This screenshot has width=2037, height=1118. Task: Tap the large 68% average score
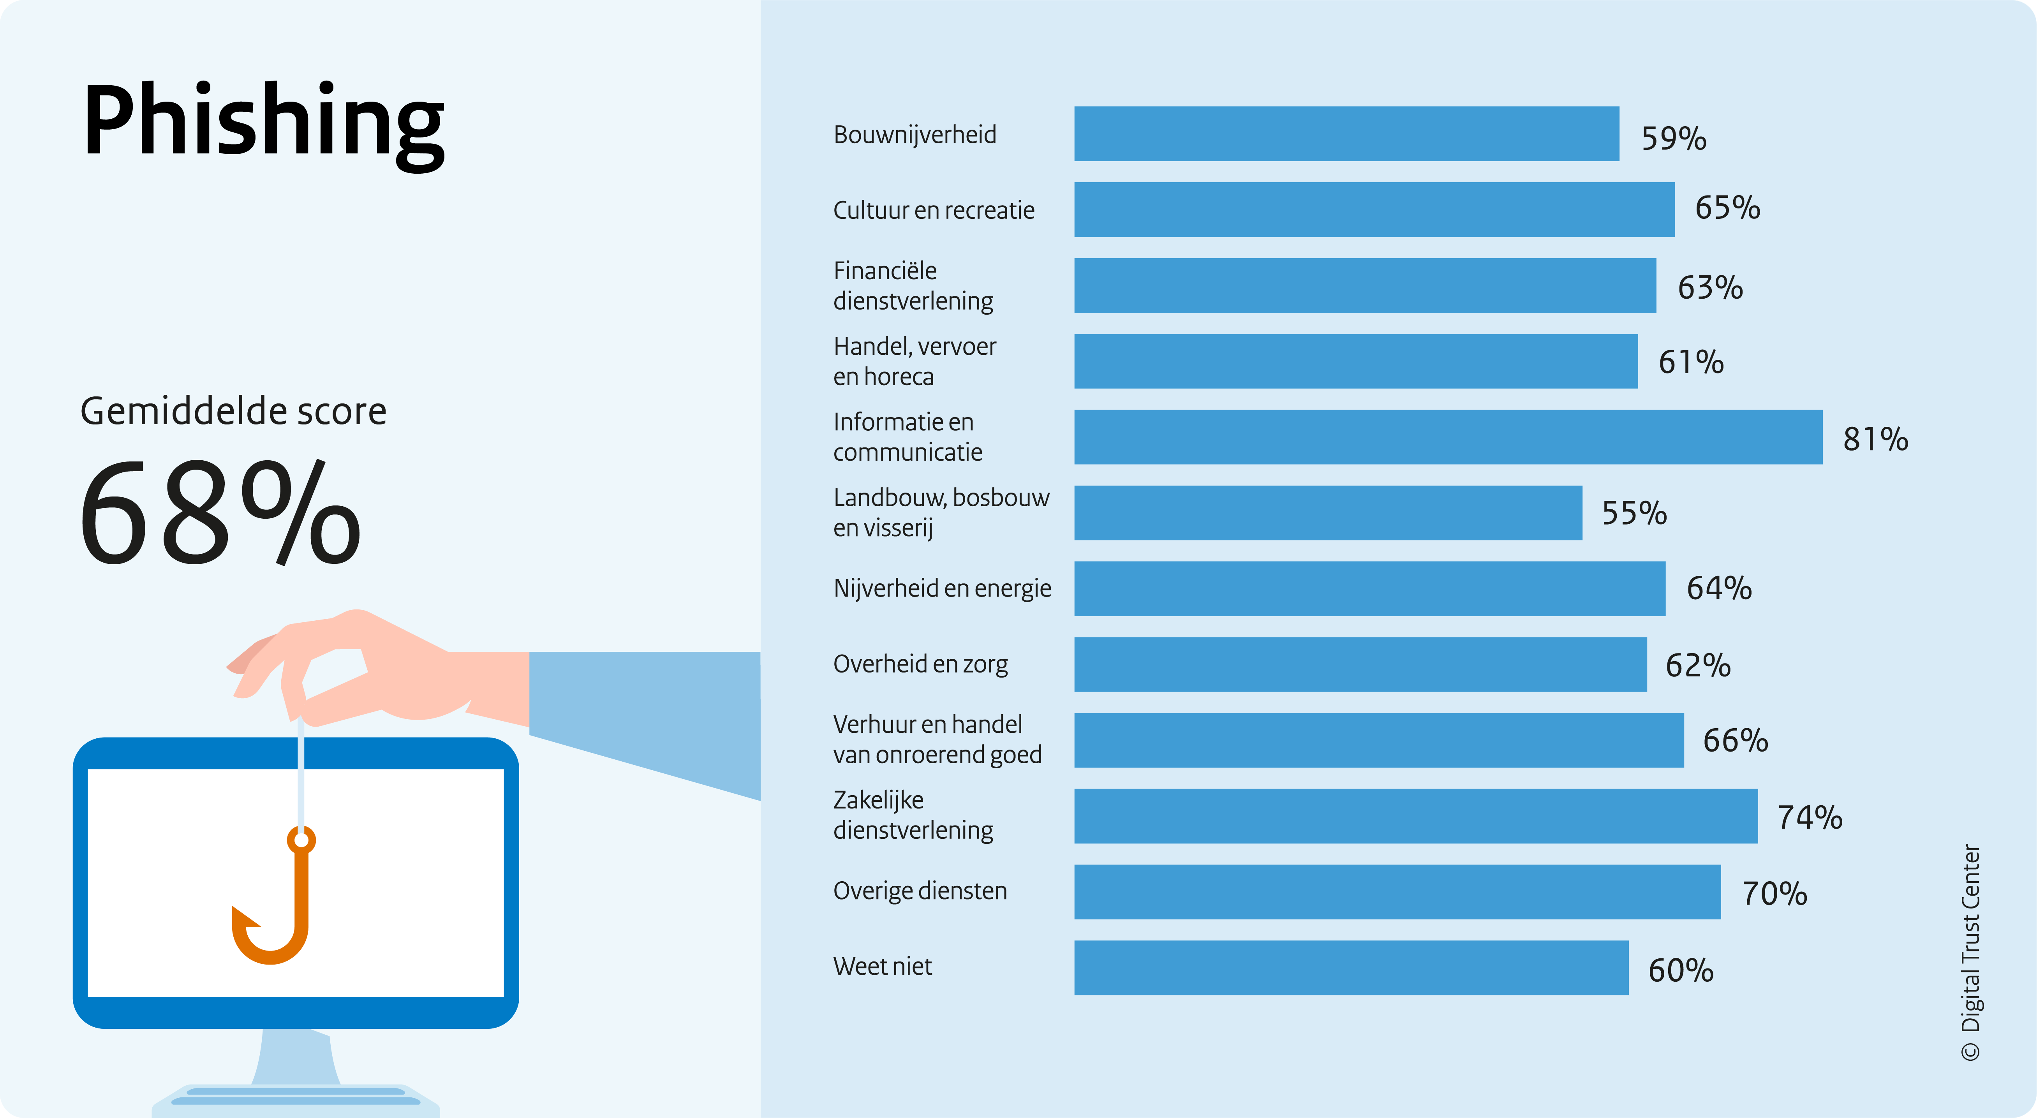point(220,512)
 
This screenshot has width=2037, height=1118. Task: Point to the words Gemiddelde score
point(233,411)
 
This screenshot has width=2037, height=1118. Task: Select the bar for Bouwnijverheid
point(1347,134)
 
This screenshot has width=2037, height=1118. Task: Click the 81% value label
point(1876,439)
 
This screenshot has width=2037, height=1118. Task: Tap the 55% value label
point(1635,513)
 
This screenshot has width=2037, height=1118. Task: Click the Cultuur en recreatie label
point(934,210)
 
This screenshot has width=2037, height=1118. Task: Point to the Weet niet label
point(883,966)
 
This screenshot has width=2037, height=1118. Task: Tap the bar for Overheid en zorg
point(1360,664)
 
